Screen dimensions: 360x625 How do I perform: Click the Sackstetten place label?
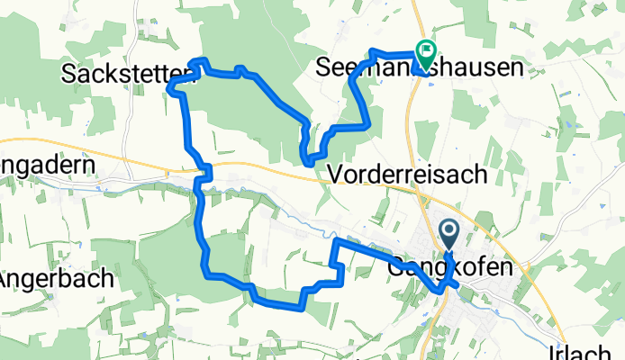[x=127, y=74]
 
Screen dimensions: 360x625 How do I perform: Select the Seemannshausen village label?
[x=421, y=68]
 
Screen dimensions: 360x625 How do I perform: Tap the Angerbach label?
[x=56, y=278]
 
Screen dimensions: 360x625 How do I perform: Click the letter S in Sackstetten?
[x=68, y=74]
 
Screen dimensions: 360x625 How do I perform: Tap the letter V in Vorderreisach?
[x=338, y=175]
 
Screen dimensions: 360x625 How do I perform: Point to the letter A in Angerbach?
[x=5, y=278]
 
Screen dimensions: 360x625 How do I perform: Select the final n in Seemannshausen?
[x=517, y=68]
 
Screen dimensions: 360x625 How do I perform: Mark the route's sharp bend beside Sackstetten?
[x=170, y=87]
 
